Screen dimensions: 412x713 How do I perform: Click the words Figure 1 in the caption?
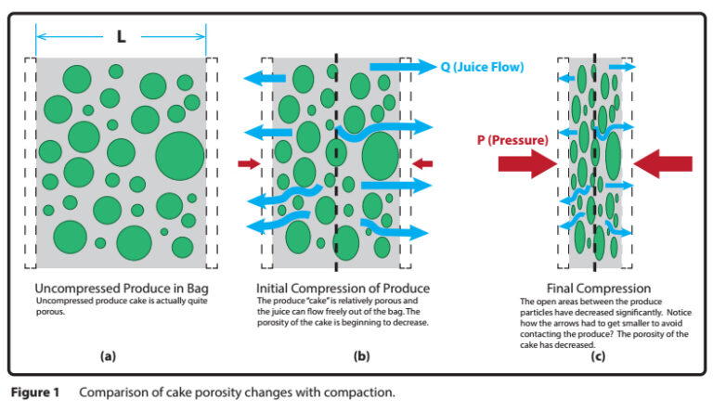[x=36, y=393]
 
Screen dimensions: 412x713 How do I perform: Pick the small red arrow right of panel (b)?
[x=421, y=164]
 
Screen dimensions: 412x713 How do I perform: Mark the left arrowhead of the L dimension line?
[x=41, y=38]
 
